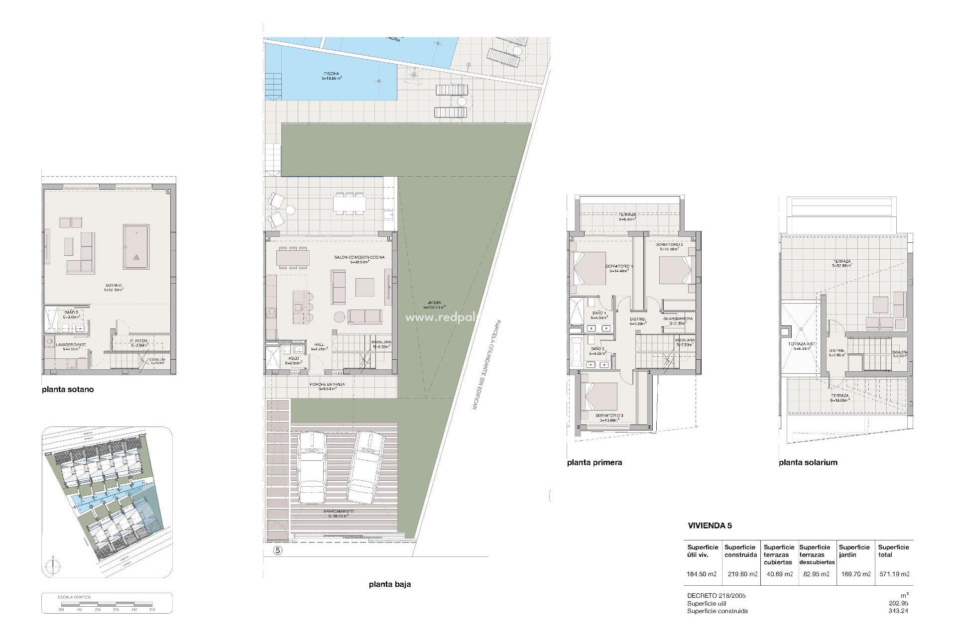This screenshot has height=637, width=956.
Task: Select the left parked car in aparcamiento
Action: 312,468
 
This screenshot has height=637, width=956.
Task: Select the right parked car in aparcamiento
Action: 366,467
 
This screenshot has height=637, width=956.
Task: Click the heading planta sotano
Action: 68,390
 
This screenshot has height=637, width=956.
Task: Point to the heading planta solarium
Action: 808,462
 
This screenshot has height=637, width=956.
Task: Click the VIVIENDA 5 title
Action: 710,526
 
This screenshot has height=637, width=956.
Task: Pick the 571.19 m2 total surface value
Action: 894,574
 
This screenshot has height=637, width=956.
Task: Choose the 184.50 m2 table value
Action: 702,574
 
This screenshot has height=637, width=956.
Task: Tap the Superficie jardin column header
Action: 854,551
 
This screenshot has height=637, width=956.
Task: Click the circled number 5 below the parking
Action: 278,550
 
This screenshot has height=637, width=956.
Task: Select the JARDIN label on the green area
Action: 433,305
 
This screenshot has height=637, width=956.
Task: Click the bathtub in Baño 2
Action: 578,351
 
